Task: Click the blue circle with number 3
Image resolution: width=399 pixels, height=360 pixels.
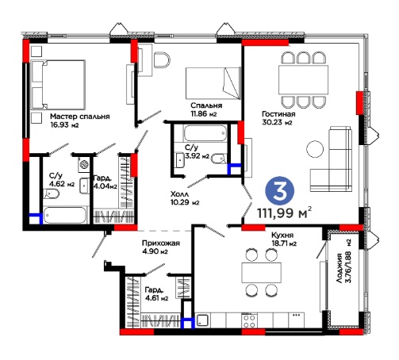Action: [x=279, y=191]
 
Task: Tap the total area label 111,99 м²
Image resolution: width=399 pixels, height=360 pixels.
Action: [x=284, y=213]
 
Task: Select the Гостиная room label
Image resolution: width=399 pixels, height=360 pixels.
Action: [x=278, y=114]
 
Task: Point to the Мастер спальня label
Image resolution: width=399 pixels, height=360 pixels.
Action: [x=80, y=117]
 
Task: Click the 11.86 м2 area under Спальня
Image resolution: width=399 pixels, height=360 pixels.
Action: [x=204, y=114]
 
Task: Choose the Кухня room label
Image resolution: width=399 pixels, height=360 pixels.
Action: [x=282, y=235]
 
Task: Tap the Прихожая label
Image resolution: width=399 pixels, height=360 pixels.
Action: [x=161, y=243]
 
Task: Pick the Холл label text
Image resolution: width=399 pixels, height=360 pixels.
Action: [x=179, y=194]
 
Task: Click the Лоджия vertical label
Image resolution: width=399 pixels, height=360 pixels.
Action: [x=340, y=268]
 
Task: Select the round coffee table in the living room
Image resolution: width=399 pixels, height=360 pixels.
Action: [x=315, y=149]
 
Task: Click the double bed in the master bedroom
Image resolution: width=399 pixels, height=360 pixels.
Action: [x=58, y=85]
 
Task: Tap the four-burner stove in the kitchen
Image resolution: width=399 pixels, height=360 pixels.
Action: [x=249, y=320]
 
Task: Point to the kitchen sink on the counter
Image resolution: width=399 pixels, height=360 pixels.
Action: [x=202, y=320]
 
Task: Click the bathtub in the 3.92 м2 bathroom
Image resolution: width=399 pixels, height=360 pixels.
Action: [x=205, y=133]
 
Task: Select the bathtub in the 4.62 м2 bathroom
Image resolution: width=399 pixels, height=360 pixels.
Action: [x=65, y=215]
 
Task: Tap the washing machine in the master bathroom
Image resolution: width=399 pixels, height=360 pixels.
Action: [x=84, y=164]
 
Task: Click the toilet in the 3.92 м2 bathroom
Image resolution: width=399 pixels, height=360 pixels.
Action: [x=219, y=158]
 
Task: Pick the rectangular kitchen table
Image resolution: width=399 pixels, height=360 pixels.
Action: [x=261, y=273]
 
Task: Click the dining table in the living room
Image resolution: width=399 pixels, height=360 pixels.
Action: [x=303, y=79]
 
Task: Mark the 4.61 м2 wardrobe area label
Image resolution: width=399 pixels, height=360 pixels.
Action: [x=156, y=294]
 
